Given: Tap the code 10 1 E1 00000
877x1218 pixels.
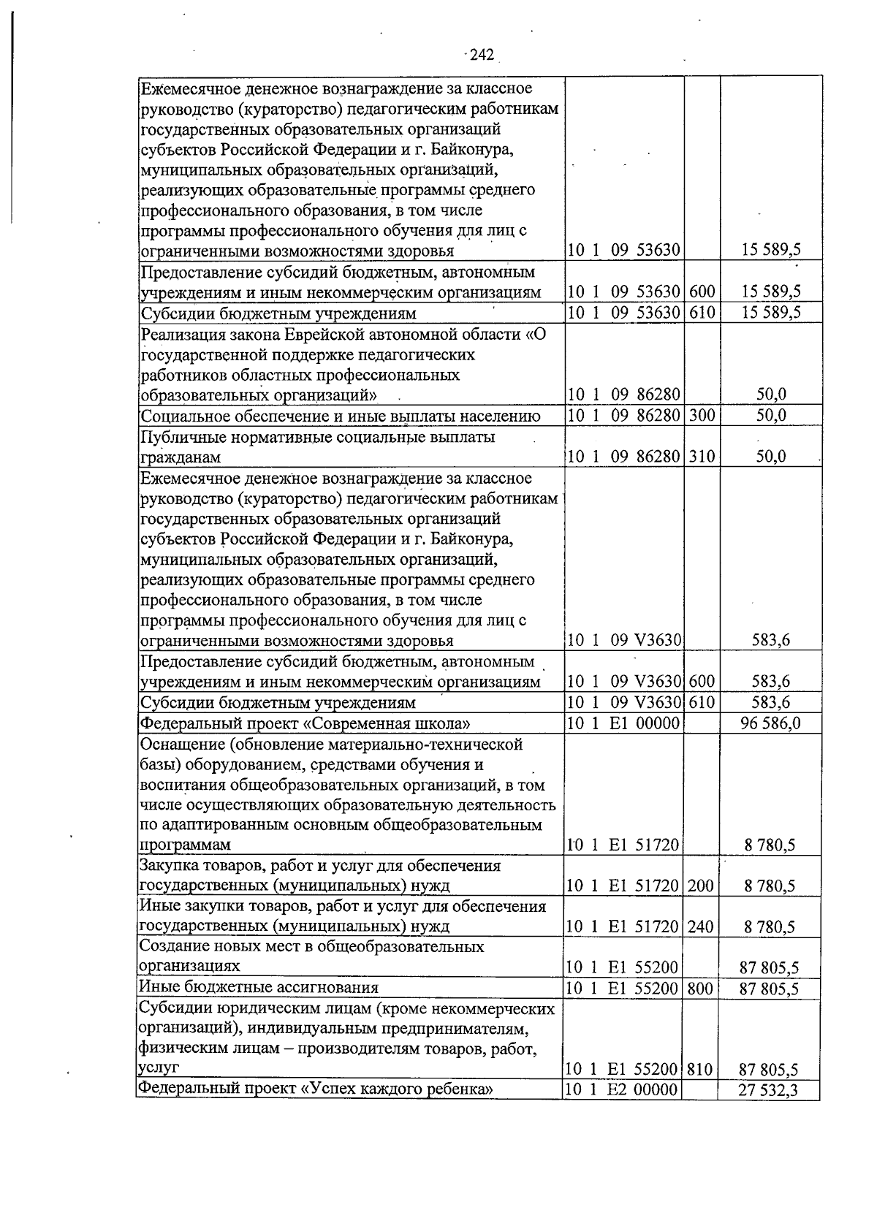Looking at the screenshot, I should (623, 723).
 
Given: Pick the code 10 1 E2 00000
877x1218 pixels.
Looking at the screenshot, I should (623, 1090).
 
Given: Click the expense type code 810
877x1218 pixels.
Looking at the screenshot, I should (700, 1070).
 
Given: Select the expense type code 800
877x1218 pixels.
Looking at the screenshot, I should (700, 988).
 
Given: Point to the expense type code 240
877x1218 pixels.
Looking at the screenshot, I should (700, 926).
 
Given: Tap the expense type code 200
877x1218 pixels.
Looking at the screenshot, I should (700, 886).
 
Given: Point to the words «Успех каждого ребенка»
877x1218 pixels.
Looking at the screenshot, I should (398, 1089).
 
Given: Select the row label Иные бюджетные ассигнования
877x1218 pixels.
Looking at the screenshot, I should (259, 988).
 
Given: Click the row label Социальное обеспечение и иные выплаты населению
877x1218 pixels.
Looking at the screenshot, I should (341, 416).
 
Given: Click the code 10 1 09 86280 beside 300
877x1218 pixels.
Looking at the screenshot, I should (623, 416).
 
